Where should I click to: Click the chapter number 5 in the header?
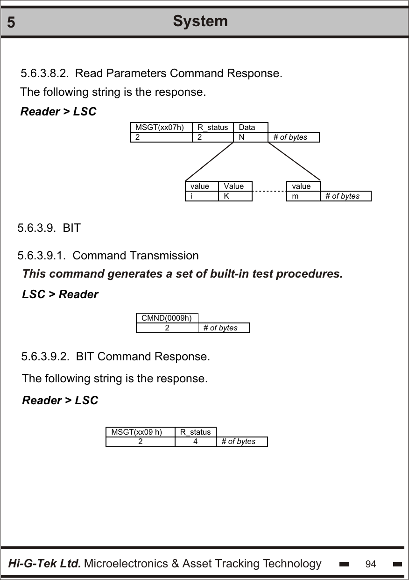[x=11, y=23]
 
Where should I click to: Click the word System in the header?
[x=200, y=21]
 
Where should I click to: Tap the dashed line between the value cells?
[x=269, y=192]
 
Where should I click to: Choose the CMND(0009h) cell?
[x=167, y=318]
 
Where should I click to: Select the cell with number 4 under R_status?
[x=195, y=441]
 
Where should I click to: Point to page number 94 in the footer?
[x=371, y=564]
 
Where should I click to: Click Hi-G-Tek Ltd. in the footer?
[x=45, y=564]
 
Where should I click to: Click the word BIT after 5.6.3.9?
[x=71, y=228]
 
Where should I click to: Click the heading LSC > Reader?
[x=60, y=294]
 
